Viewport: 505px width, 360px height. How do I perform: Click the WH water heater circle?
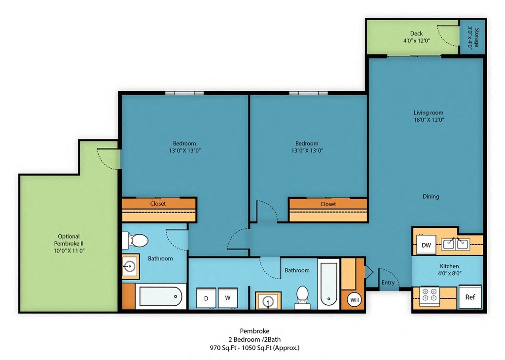354,300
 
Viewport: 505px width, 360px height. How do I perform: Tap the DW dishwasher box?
426,245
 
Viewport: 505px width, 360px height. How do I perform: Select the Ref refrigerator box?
470,296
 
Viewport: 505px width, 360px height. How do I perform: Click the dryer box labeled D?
206,298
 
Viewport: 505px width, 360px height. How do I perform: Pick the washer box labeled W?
228,298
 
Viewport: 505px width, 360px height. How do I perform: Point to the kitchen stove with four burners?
430,296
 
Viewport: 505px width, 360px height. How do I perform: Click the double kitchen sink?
455,244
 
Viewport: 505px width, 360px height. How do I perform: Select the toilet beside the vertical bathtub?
302,297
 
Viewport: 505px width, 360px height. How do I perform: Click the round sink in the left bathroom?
130,266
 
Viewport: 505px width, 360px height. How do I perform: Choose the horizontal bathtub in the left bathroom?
161,296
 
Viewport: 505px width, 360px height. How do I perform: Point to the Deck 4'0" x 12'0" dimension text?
417,40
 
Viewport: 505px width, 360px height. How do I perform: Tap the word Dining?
431,196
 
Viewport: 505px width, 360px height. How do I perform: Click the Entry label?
388,283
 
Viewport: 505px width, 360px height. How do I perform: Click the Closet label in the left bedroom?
158,204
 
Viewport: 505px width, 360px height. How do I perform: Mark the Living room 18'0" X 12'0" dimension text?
429,119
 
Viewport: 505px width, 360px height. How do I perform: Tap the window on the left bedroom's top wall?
184,93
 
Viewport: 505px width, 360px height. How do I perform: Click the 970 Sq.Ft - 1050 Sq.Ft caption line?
254,348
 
